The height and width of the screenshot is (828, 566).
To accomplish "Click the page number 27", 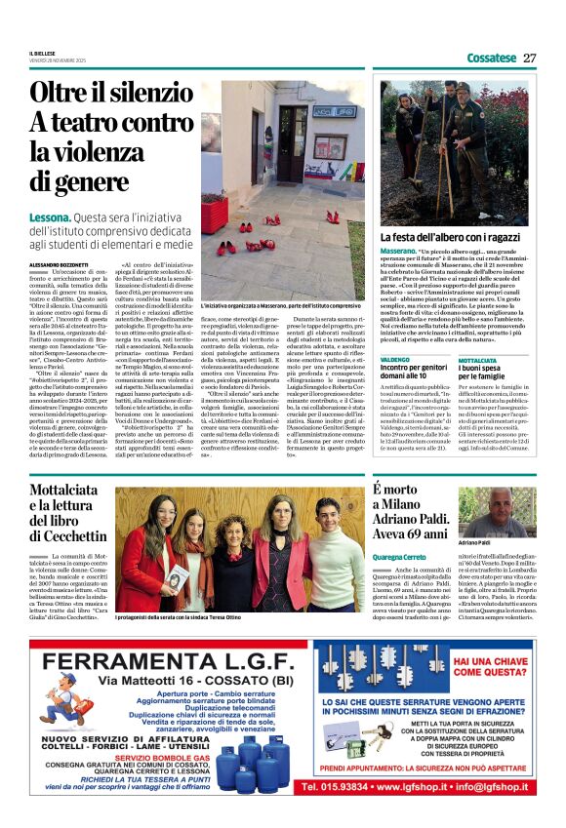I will pos(529,58).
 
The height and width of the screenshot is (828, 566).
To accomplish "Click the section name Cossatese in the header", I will pos(491,58).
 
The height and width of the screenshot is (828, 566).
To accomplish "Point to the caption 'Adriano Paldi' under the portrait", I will pos(504,541).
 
